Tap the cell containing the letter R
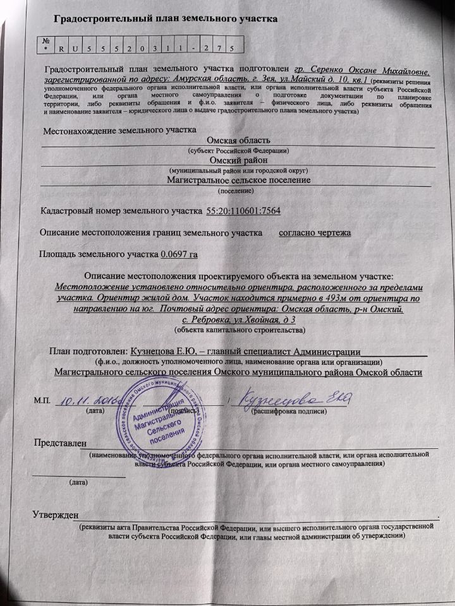(61, 47)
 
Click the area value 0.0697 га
(183, 255)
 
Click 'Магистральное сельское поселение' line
(239, 180)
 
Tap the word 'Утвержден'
(55, 514)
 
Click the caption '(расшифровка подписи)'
(289, 412)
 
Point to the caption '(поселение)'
(236, 189)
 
